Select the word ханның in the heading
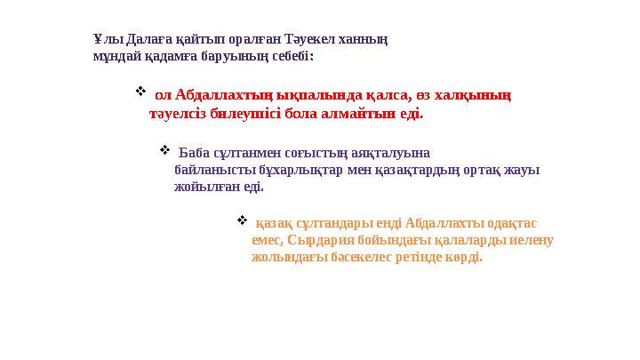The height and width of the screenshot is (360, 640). [x=365, y=40]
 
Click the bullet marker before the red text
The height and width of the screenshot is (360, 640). [x=140, y=92]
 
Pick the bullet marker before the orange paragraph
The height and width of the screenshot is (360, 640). [x=242, y=219]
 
